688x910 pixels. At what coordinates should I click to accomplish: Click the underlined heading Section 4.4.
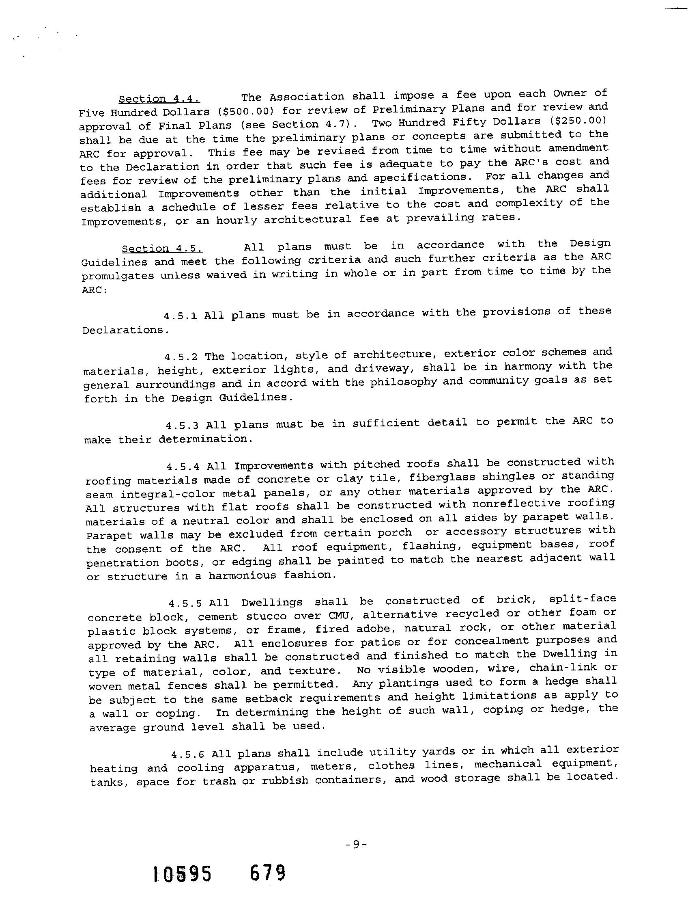(x=159, y=99)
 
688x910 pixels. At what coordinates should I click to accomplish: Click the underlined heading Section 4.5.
(x=162, y=249)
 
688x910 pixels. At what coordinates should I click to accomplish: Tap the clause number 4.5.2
(x=181, y=356)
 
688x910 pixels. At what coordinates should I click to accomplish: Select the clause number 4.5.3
(x=182, y=425)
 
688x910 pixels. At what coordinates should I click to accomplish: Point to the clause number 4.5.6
(x=187, y=754)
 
